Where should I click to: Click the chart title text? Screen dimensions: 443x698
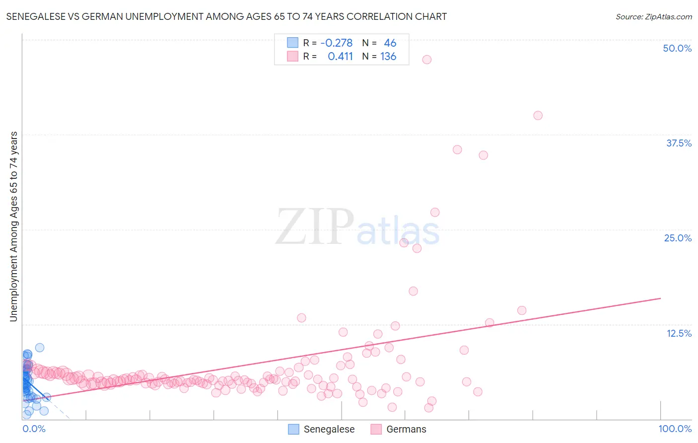(226, 16)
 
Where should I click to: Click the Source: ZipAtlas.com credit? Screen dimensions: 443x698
(653, 16)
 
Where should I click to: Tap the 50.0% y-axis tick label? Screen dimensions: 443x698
(677, 48)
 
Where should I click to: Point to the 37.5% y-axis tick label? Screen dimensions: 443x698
(679, 143)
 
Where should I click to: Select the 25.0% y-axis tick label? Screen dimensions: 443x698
(678, 238)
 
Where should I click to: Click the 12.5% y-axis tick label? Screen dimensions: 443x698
(679, 333)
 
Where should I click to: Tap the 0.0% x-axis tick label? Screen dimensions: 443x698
(34, 429)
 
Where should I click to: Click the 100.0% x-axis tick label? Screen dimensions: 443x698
(675, 429)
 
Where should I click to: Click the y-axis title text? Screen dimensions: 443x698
(13, 226)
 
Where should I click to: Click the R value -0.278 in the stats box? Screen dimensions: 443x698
(336, 43)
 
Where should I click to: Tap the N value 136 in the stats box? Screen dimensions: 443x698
(388, 57)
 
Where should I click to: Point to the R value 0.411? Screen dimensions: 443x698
(340, 57)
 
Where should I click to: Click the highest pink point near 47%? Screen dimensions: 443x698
(426, 60)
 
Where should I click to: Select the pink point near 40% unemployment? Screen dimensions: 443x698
(538, 115)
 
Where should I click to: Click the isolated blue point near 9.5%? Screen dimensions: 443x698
(40, 348)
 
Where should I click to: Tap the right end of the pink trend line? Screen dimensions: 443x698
(660, 298)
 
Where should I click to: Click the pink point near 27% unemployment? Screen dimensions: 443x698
(435, 212)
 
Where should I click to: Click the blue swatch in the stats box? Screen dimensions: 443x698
(293, 43)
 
